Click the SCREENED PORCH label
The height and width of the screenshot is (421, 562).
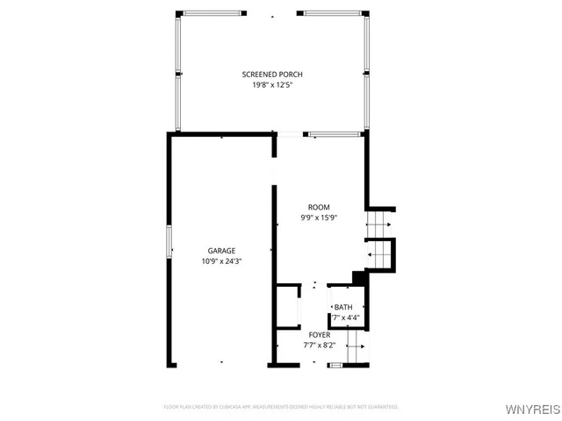[272, 75]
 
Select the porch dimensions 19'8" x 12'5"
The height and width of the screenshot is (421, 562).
[272, 85]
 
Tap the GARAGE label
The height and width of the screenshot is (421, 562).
[221, 251]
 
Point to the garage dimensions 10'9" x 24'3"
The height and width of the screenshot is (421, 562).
[221, 261]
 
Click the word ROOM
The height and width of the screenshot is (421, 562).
[318, 207]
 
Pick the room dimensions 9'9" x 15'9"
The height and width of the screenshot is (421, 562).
[318, 218]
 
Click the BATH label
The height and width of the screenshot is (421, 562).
[343, 307]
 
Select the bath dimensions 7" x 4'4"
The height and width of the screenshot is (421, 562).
[345, 318]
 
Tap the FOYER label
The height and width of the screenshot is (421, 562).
[319, 334]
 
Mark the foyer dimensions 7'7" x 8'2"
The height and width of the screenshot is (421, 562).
[319, 345]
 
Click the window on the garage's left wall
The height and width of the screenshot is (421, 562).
[169, 241]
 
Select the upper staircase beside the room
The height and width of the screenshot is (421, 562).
[379, 225]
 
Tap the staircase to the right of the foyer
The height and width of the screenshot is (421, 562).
[356, 346]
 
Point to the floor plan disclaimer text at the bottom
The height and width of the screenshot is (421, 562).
[281, 407]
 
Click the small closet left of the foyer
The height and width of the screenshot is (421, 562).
[288, 306]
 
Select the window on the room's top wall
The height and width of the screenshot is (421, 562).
[334, 134]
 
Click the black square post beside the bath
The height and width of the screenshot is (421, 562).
[358, 278]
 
